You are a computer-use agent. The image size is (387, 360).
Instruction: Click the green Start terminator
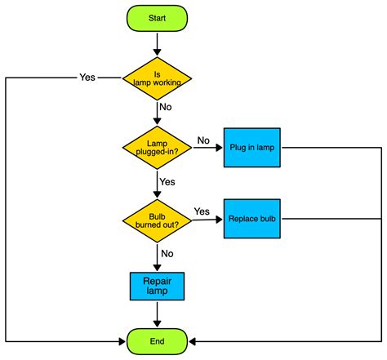[157, 18]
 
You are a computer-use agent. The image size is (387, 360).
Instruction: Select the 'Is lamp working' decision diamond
[157, 78]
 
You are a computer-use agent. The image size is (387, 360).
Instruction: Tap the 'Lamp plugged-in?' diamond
[157, 148]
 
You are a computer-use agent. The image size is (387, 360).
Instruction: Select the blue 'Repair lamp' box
[157, 286]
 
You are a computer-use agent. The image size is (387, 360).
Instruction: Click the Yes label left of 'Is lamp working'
[87, 78]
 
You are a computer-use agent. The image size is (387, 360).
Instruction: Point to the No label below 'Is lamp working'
[167, 106]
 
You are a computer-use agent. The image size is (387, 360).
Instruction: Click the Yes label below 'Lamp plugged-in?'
[168, 181]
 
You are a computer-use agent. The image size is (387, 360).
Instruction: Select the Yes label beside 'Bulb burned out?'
[202, 211]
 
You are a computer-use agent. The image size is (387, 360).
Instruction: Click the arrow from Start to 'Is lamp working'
[157, 44]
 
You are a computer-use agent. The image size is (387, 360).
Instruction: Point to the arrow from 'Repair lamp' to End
[157, 313]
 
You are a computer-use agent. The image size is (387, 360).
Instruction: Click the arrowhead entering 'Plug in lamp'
[220, 148]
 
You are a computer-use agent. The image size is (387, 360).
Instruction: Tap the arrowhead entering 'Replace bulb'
[220, 219]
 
